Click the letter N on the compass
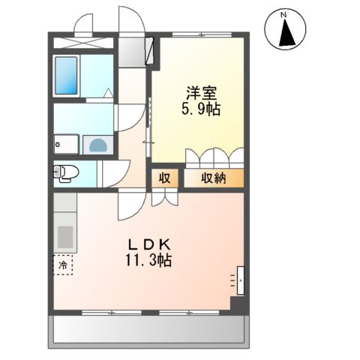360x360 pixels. [283, 14]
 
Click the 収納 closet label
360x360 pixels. [214, 178]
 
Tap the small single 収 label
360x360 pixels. [163, 178]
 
